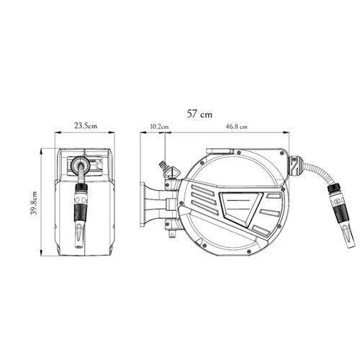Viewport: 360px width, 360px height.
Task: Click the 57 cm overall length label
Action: click(199, 114)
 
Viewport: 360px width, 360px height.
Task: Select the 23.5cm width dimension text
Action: click(86, 126)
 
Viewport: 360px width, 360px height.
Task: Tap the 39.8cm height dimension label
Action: click(35, 203)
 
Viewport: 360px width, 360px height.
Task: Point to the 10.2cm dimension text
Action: click(159, 127)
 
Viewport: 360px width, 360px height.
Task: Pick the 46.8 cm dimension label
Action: click(236, 127)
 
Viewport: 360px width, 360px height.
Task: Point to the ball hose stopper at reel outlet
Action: click(294, 167)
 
